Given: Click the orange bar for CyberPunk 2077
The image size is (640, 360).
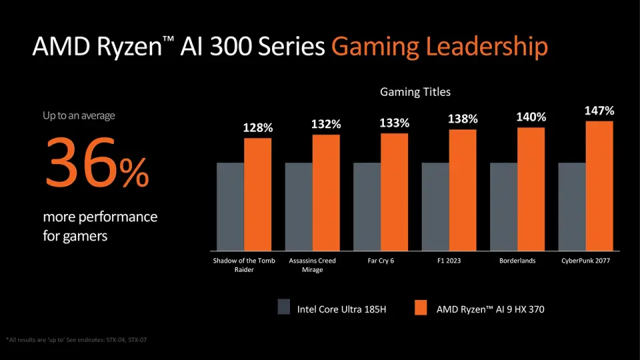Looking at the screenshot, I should [599, 185].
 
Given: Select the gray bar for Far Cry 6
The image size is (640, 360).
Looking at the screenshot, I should [367, 205].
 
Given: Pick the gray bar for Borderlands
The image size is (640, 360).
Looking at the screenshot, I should [503, 205].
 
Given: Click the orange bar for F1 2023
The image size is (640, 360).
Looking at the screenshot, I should [463, 189].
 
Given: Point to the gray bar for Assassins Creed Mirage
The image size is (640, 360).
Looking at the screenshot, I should [299, 205].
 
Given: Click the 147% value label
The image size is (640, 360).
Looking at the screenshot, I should [599, 111].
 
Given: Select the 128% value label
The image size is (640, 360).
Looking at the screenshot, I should [257, 127].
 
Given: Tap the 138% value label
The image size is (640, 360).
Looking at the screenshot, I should [463, 119].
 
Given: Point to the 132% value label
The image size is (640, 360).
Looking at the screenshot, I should [326, 124].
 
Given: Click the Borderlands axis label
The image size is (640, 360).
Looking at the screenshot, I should [517, 261].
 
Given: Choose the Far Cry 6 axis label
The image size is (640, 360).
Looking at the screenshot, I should [381, 261].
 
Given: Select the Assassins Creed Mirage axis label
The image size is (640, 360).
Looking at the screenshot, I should [312, 265].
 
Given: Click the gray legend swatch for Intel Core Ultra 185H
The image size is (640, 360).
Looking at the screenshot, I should [284, 307].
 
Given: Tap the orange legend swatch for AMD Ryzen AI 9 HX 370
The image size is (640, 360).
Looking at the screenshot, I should [420, 307].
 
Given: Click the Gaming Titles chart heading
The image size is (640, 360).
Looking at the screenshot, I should [415, 91].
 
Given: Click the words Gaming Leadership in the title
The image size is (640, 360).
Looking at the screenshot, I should [439, 47].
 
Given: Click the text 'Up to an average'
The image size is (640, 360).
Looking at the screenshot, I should [79, 115].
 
